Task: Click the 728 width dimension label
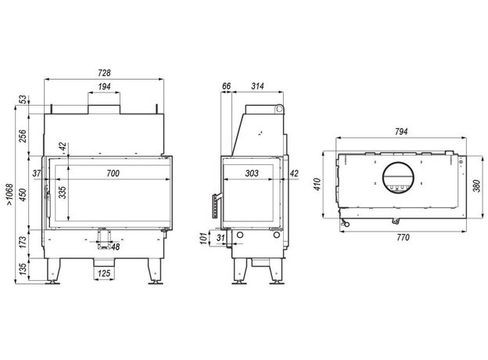[x=104, y=73]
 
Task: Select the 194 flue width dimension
[x=104, y=87]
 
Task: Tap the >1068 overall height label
[x=9, y=194]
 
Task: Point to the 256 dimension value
[x=23, y=135]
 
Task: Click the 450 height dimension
[x=23, y=195]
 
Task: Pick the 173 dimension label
[x=23, y=243]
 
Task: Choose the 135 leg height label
[x=23, y=269]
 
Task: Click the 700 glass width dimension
[x=113, y=173]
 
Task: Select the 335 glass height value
[x=63, y=193]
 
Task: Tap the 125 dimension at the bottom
[x=104, y=273]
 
